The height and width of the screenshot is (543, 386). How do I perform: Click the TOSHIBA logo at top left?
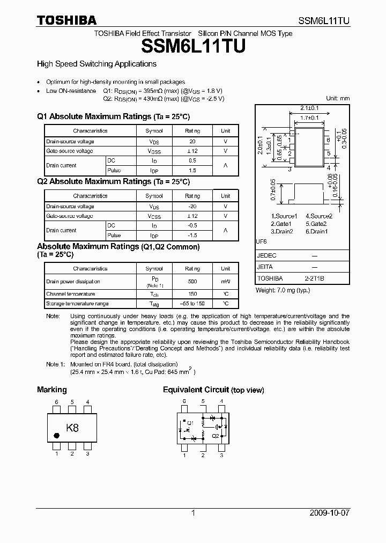pos(66,20)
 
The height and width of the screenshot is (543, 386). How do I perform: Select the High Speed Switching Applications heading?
pos(96,64)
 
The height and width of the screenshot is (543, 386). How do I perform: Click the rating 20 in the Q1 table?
pos(192,142)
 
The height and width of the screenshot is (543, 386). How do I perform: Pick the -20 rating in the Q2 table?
pos(192,207)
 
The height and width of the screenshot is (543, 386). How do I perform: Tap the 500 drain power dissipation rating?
pos(192,282)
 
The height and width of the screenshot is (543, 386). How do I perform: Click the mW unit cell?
pos(225,282)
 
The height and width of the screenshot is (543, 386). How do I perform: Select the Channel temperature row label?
pos(70,294)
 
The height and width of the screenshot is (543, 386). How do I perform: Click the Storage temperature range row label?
pos(77,304)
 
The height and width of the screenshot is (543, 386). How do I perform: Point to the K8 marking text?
pos(72,428)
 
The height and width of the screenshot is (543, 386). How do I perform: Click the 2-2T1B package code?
pos(314,278)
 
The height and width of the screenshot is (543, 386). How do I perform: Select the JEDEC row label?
pos(267,255)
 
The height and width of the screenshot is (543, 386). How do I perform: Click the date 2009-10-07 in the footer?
pos(330,513)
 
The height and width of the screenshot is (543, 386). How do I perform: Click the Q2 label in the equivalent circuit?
pos(216,436)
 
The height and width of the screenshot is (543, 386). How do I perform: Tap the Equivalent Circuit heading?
pos(196,390)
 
